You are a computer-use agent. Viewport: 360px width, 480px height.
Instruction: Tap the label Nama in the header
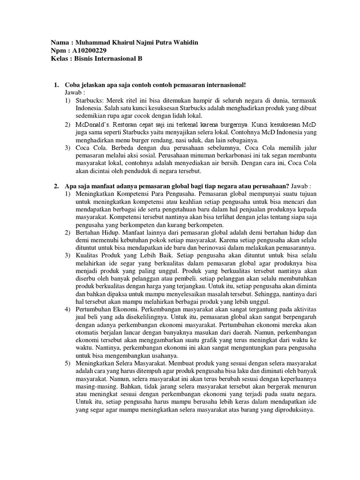tap(60, 43)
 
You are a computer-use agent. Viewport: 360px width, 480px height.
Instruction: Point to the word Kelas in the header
tap(60, 59)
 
